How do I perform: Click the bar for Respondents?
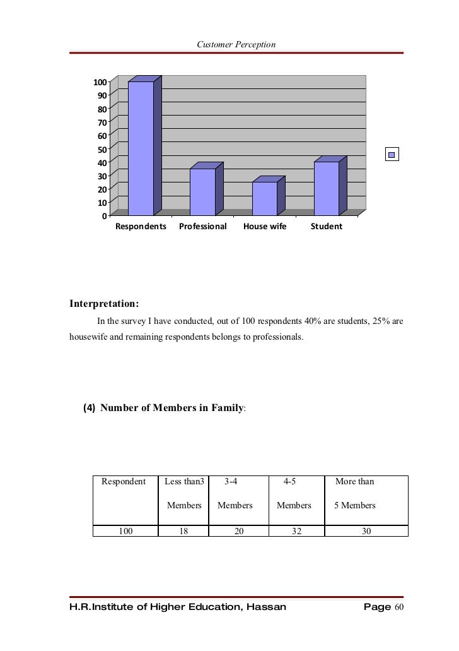pyautogui.click(x=141, y=148)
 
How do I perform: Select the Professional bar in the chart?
pyautogui.click(x=202, y=192)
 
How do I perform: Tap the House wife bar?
pyautogui.click(x=264, y=198)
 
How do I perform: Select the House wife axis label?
pyautogui.click(x=265, y=226)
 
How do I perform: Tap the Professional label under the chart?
pyautogui.click(x=202, y=226)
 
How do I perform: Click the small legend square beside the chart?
pyautogui.click(x=392, y=155)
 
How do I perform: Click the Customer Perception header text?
pyautogui.click(x=236, y=44)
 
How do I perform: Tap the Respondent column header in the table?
pyautogui.click(x=124, y=482)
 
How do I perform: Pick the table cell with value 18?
pyautogui.click(x=183, y=532)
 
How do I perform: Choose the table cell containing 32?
pyautogui.click(x=296, y=532)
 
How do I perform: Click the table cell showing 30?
pyautogui.click(x=366, y=532)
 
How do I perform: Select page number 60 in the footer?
pyautogui.click(x=398, y=607)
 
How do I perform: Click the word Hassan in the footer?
pyautogui.click(x=264, y=607)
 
